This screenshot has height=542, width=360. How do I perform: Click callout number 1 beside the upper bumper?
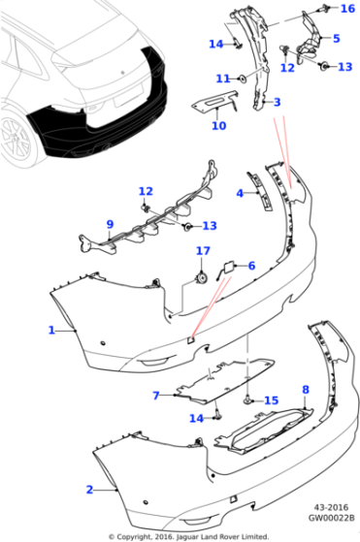point(51,331)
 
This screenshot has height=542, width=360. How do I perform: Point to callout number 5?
point(336,39)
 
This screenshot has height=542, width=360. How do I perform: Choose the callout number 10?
point(218,125)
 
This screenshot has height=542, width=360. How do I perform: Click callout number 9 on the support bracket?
point(110,225)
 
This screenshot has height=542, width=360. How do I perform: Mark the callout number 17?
point(202,251)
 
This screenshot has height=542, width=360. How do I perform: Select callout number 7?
point(155,396)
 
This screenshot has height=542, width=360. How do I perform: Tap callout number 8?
point(304,390)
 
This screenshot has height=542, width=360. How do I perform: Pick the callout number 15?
point(271,400)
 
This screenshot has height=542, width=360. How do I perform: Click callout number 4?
point(240,193)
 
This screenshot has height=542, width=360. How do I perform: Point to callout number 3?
point(277,102)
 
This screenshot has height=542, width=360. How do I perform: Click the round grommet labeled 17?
point(202,277)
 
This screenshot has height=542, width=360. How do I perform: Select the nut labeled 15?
point(248,399)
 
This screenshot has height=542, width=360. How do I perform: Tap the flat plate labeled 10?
point(214,104)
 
